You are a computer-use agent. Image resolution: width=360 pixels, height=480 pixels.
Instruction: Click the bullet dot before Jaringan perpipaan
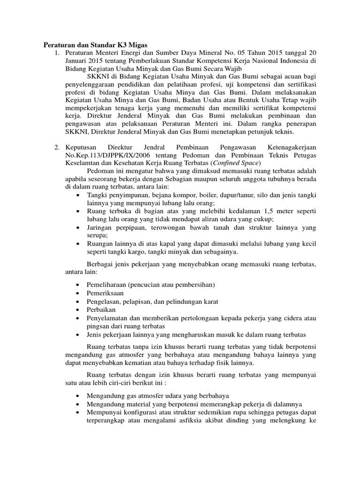[x=78, y=228]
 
